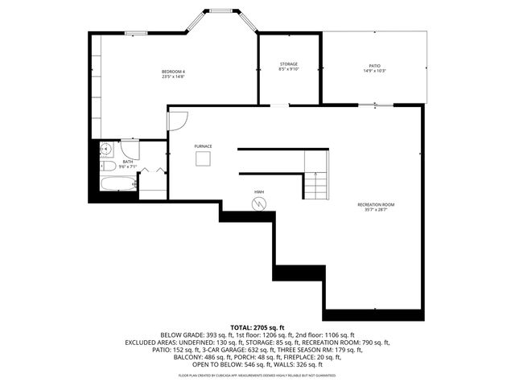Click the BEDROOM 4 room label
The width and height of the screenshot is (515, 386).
(x=173, y=72)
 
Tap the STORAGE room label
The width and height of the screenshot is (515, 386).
(x=289, y=64)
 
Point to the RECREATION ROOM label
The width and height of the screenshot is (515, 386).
(x=377, y=204)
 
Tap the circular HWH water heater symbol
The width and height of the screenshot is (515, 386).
(x=259, y=204)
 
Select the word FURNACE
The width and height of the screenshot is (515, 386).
(x=203, y=146)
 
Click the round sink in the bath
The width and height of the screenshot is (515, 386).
(x=105, y=149)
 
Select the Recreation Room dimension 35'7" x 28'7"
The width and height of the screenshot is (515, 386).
(x=377, y=210)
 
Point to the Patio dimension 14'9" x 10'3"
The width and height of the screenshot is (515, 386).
(x=374, y=70)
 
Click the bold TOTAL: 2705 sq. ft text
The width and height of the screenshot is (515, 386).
(x=257, y=327)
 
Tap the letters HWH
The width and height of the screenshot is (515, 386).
(x=259, y=191)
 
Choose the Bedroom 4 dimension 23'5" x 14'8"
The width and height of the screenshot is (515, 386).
(x=173, y=78)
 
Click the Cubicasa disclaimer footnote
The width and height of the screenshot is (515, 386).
(x=257, y=375)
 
